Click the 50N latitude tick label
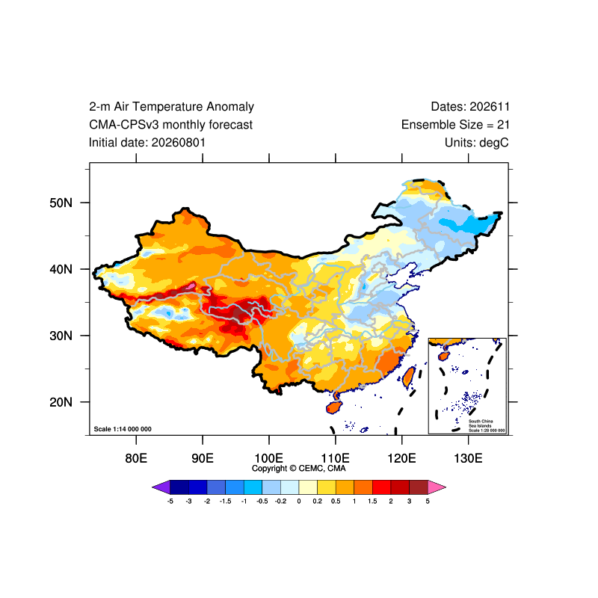61,203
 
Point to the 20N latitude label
61,402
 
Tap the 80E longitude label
136,458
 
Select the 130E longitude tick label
468,458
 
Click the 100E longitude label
269,458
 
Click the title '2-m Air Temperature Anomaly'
172,107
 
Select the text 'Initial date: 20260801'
147,143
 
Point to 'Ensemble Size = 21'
455,125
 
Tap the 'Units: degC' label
477,143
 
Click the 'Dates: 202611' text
470,107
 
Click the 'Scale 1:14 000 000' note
123,429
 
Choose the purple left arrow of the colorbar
161,487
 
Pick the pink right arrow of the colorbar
437,487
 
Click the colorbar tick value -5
170,501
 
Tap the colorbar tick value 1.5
372,501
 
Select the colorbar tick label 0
299,501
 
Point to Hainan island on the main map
333,407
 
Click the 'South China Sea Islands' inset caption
481,423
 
